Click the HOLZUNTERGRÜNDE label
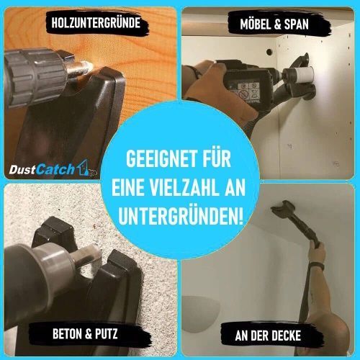point(96,23)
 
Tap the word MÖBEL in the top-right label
point(255,24)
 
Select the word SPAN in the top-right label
point(297,24)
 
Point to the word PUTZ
point(106,333)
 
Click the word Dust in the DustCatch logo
point(22,170)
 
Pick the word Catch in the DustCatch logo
point(55,169)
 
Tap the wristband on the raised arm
point(317,266)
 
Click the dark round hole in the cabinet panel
point(269,51)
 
